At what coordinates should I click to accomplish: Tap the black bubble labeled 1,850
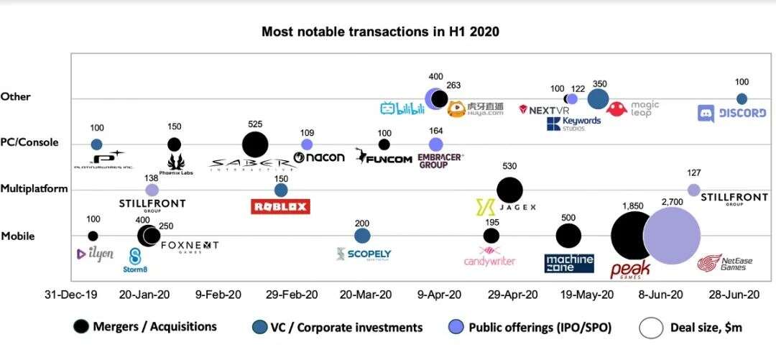pyautogui.click(x=633, y=236)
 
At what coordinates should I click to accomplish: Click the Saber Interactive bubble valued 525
pyautogui.click(x=255, y=144)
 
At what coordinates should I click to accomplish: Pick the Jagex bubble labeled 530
pyautogui.click(x=509, y=190)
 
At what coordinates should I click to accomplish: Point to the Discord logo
pyautogui.click(x=731, y=113)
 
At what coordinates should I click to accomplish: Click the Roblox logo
pyautogui.click(x=280, y=207)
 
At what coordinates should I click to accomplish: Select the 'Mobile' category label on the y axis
pyautogui.click(x=18, y=236)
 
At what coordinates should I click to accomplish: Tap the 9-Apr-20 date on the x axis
pyautogui.click(x=440, y=295)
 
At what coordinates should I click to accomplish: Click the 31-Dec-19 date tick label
pyautogui.click(x=70, y=295)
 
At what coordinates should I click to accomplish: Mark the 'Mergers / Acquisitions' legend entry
pyautogui.click(x=145, y=327)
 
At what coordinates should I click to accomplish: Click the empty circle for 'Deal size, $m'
pyautogui.click(x=651, y=328)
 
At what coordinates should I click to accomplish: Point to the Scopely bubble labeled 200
pyautogui.click(x=362, y=236)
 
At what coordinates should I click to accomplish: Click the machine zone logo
pyautogui.click(x=569, y=263)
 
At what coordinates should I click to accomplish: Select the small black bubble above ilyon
pyautogui.click(x=93, y=236)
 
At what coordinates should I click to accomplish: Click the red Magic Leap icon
pyautogui.click(x=616, y=109)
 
